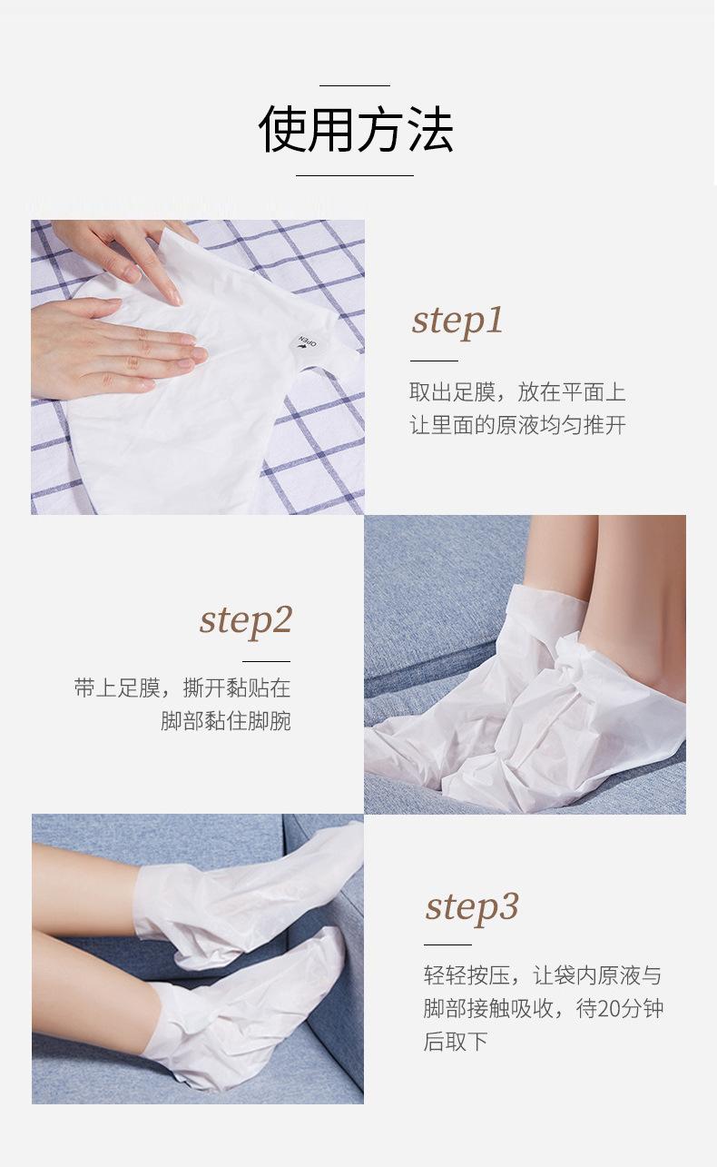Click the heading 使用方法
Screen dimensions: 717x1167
pos(356,129)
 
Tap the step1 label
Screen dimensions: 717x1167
pos(457,321)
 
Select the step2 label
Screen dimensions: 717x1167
pos(245,621)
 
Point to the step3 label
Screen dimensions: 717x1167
pos(472,908)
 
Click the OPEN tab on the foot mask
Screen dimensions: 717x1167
pos(307,344)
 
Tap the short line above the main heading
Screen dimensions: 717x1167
pos(355,85)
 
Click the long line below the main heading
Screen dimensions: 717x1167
pos(355,175)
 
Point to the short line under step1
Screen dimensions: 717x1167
pos(434,360)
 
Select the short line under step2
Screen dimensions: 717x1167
pos(266,661)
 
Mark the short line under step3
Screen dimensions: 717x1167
pos(447,944)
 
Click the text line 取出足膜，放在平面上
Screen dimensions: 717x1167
pos(517,392)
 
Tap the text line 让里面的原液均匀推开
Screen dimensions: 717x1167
pos(517,425)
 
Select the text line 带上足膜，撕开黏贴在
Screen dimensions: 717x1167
pos(182,688)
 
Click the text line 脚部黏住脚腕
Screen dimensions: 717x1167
pos(225,721)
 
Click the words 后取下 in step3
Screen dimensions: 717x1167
pos(455,1042)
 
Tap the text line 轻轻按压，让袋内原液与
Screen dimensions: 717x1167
pos(542,975)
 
